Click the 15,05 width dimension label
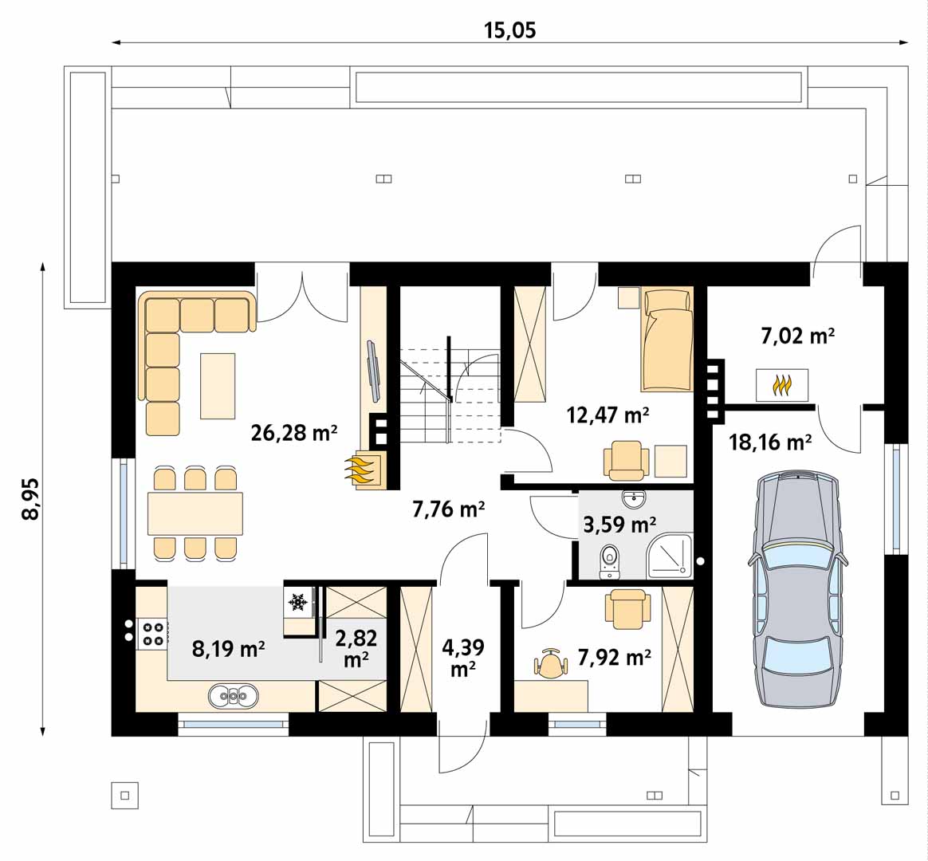point(509,30)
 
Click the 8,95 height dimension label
point(30,499)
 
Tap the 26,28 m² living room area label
point(294,433)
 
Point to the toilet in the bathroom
point(609,560)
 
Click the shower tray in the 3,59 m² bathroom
point(670,556)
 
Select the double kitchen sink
point(233,696)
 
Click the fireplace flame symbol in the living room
point(362,469)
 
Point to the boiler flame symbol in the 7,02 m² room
point(782,385)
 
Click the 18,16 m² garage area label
point(770,442)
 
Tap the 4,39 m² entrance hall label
point(463,658)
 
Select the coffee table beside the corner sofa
point(218,386)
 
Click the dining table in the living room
point(195,513)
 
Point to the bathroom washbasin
point(634,499)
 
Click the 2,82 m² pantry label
point(356,649)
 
